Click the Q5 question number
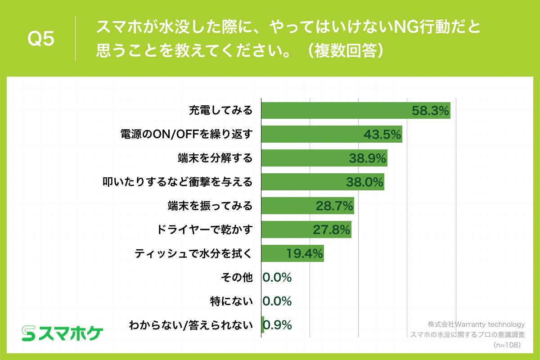tap(41, 39)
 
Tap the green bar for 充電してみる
tap(337, 111)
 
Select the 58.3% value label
tap(431, 111)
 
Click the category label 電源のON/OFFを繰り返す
tap(186, 134)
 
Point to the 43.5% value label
tap(382, 134)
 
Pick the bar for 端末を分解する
tap(306, 158)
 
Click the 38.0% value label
tap(364, 182)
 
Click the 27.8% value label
tap(332, 229)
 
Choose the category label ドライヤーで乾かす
tap(204, 229)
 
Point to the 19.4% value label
tap(305, 253)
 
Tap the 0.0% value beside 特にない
tap(277, 301)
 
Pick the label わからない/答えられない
tap(191, 324)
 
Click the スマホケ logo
tap(63, 333)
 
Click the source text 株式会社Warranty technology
tap(476, 324)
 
